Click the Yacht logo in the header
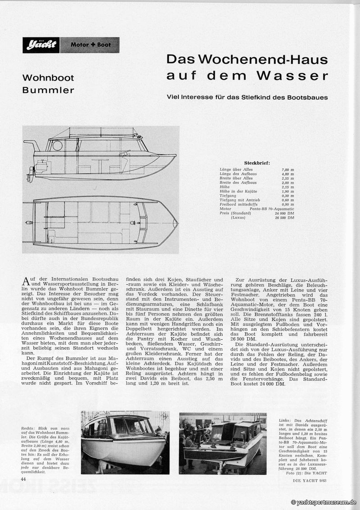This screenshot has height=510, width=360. [41, 45]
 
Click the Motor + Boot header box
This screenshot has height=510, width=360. [90, 45]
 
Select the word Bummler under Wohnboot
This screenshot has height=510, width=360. [48, 90]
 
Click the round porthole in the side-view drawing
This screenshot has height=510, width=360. [57, 145]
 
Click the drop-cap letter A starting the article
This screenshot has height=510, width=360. [26, 281]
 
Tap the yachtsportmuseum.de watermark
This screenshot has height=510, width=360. [325, 502]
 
